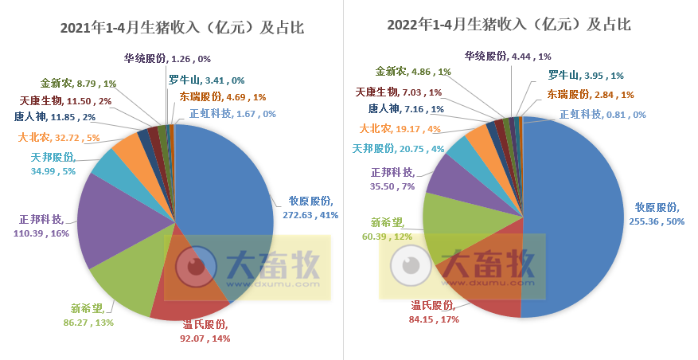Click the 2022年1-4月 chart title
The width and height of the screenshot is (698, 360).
pyautogui.click(x=509, y=25)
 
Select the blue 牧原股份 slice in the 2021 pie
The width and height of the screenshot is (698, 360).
pyautogui.click(x=223, y=183)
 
